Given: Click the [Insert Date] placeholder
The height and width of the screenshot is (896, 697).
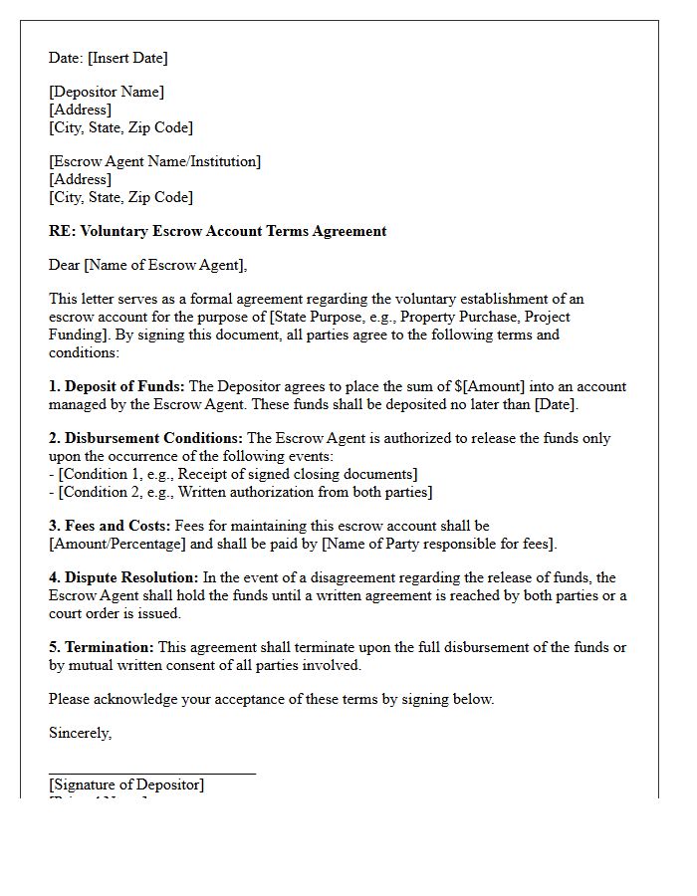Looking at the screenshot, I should point(127,58).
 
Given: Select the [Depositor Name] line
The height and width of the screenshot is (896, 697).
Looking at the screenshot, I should point(107,92).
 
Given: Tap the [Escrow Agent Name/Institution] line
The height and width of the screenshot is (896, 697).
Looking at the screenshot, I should point(154,161).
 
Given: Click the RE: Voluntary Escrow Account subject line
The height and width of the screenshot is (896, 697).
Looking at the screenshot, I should point(217,231).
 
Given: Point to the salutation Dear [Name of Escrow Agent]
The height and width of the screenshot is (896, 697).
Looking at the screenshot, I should point(147,265).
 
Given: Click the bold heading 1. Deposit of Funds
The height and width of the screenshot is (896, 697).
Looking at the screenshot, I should point(116,386).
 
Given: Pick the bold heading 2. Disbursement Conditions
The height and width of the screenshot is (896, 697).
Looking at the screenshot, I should point(145,438).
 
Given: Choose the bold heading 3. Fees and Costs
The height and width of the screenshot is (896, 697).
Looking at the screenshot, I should point(110,526).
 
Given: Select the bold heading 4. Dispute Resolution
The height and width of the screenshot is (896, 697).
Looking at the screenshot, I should point(123,577).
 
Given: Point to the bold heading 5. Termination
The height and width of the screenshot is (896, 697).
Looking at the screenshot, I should point(101,647).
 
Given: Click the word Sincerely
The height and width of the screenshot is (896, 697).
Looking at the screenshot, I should point(80,733).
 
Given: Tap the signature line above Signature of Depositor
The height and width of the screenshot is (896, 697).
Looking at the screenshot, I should point(151,773).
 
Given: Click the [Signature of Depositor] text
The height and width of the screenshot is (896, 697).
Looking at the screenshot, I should point(126,784).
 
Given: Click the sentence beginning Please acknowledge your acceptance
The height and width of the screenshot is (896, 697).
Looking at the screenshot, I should point(271,699).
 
